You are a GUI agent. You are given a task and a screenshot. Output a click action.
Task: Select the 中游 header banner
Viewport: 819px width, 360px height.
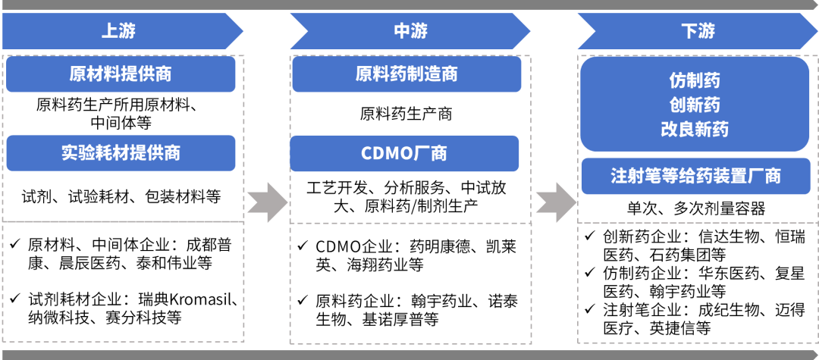coord(409,32)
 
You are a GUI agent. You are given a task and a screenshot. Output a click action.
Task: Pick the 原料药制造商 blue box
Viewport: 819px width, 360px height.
coord(406,74)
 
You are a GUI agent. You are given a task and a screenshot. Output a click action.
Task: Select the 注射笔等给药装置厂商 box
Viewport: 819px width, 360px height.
coord(695,176)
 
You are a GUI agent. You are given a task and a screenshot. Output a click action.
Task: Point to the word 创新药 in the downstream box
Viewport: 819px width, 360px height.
coord(695,104)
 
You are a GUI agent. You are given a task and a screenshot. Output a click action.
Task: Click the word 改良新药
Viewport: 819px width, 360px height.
coord(695,129)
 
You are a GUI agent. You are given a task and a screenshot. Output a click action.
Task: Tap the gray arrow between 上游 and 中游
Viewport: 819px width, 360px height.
coord(266,201)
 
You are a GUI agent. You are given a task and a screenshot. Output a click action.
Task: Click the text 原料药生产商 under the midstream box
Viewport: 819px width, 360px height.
coord(406,114)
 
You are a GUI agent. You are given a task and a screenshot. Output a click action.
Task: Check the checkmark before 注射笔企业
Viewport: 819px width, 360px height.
coord(589,310)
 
